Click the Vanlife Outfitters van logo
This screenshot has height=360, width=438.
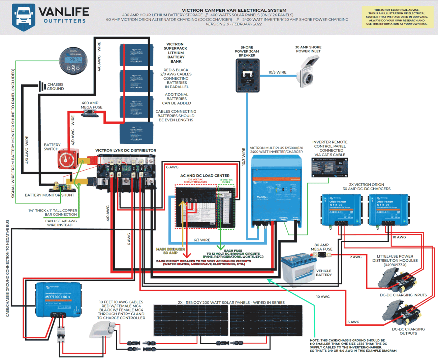(x=24, y=17)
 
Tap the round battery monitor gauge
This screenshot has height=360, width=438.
(x=73, y=61)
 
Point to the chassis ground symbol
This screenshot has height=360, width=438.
(x=42, y=86)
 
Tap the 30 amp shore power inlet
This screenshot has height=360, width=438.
(x=308, y=71)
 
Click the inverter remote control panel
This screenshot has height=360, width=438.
(x=329, y=167)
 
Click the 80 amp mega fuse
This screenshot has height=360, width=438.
(x=322, y=255)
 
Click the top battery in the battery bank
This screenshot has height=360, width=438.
(x=136, y=55)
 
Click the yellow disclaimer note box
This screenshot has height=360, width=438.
(x=398, y=17)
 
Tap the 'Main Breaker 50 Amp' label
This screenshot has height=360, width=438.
(x=170, y=251)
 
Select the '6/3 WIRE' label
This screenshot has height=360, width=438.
(x=202, y=240)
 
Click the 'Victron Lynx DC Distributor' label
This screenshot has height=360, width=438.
(x=126, y=151)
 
